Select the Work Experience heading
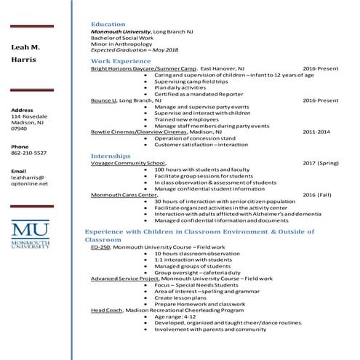point(121,61)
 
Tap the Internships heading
point(111,156)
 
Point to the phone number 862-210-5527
point(29,153)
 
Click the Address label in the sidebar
point(23,109)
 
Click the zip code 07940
point(19,129)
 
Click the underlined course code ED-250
point(100,247)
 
